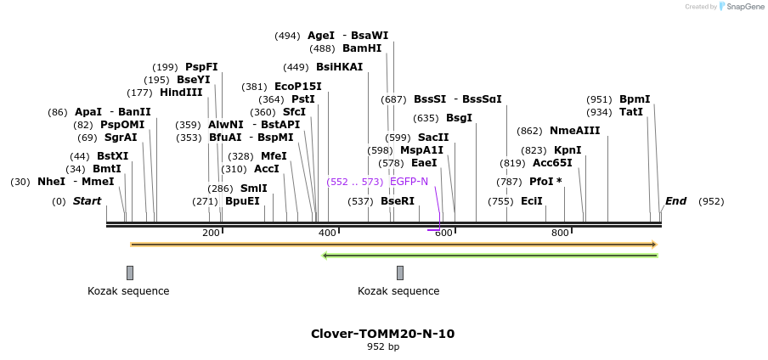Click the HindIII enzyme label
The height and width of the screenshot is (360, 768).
pos(181,93)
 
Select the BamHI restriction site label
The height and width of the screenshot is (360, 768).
pos(362,48)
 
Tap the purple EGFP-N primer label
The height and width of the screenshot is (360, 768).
pos(409,181)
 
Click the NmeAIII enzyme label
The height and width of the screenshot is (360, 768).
pos(574,131)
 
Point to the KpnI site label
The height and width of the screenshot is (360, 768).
pos(568,150)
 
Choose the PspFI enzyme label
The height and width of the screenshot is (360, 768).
pos(201,67)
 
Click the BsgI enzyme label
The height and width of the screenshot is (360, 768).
pos(459,118)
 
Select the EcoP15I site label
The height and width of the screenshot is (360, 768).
pos(298,87)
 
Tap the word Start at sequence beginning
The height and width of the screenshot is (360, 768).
pos(87,201)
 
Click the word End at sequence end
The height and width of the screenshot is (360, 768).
pos(675,201)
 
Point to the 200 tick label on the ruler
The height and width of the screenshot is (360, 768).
pos(211,233)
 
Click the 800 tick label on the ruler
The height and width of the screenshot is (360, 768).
pos(560,233)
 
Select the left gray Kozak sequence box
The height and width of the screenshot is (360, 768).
pos(130,273)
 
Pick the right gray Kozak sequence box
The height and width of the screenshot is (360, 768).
pos(400,273)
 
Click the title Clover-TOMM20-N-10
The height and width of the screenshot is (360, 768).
pos(382,334)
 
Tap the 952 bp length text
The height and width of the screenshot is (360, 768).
pos(382,346)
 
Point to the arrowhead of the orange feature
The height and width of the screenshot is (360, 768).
pos(654,245)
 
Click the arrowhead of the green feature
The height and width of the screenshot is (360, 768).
pos(325,255)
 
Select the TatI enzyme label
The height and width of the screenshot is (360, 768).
pos(631,112)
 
